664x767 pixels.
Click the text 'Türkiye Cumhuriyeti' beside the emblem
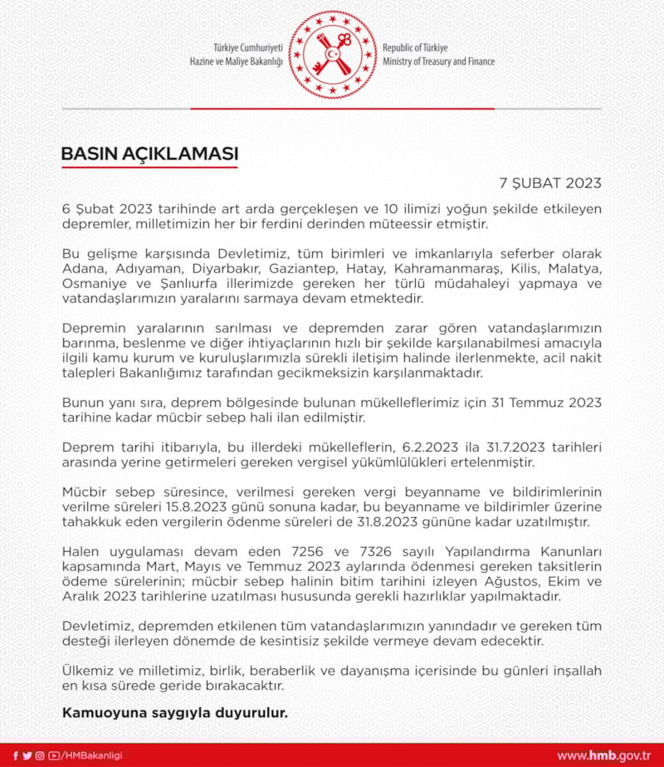pyautogui.click(x=248, y=48)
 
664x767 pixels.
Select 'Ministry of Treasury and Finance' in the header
pyautogui.click(x=438, y=61)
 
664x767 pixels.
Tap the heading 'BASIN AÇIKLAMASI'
pyautogui.click(x=149, y=154)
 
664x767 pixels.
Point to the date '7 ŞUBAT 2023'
pyautogui.click(x=550, y=183)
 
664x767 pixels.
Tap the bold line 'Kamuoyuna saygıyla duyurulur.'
pyautogui.click(x=174, y=711)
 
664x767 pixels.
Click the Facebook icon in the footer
pyautogui.click(x=15, y=755)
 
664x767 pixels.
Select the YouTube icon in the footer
pyautogui.click(x=54, y=755)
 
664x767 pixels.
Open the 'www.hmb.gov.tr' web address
pyautogui.click(x=603, y=755)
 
